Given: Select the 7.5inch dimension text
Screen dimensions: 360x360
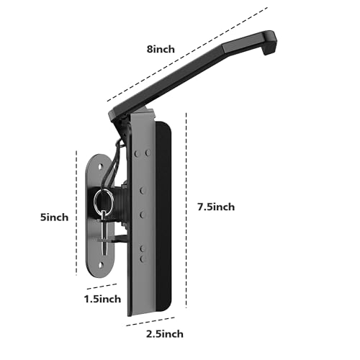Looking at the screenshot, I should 215,207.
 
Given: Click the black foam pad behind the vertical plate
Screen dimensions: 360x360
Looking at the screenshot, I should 164,216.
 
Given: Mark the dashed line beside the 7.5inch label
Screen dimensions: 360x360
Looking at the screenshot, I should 187,209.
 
